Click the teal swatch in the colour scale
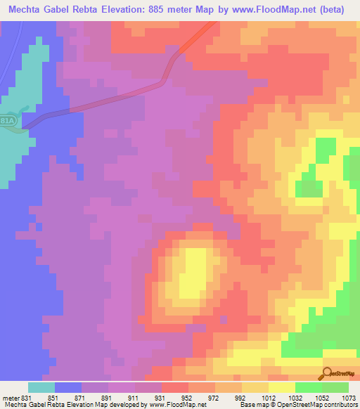point(41,387)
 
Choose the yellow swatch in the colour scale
point(282,387)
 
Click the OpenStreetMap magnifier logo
point(328,373)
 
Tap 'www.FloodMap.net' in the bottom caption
point(173,405)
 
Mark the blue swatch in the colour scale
point(68,387)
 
